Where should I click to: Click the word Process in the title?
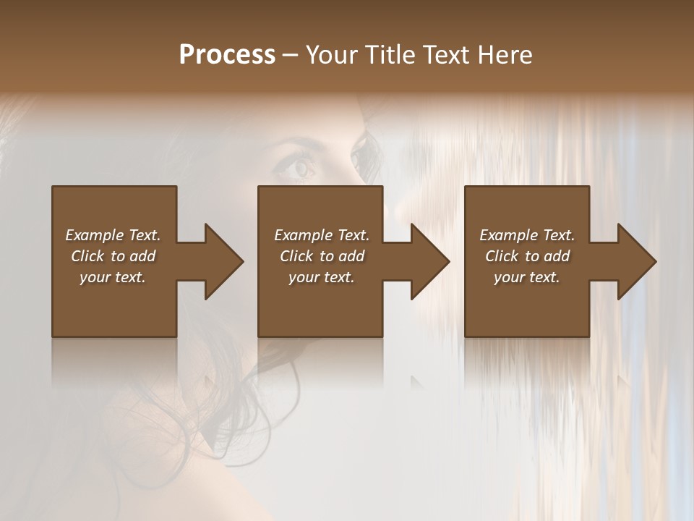click(227, 55)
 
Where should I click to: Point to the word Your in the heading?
click(332, 55)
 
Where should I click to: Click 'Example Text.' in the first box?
click(113, 235)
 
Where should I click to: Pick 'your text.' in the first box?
click(113, 277)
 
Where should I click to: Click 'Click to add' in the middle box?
click(322, 256)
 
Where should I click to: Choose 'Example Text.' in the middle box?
click(322, 235)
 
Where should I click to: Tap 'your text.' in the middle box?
click(322, 277)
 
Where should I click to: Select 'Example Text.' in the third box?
click(527, 235)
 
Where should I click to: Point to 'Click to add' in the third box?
click(527, 256)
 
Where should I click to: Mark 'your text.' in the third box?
click(527, 277)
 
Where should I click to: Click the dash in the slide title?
click(291, 56)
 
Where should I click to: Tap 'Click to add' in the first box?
click(113, 256)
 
